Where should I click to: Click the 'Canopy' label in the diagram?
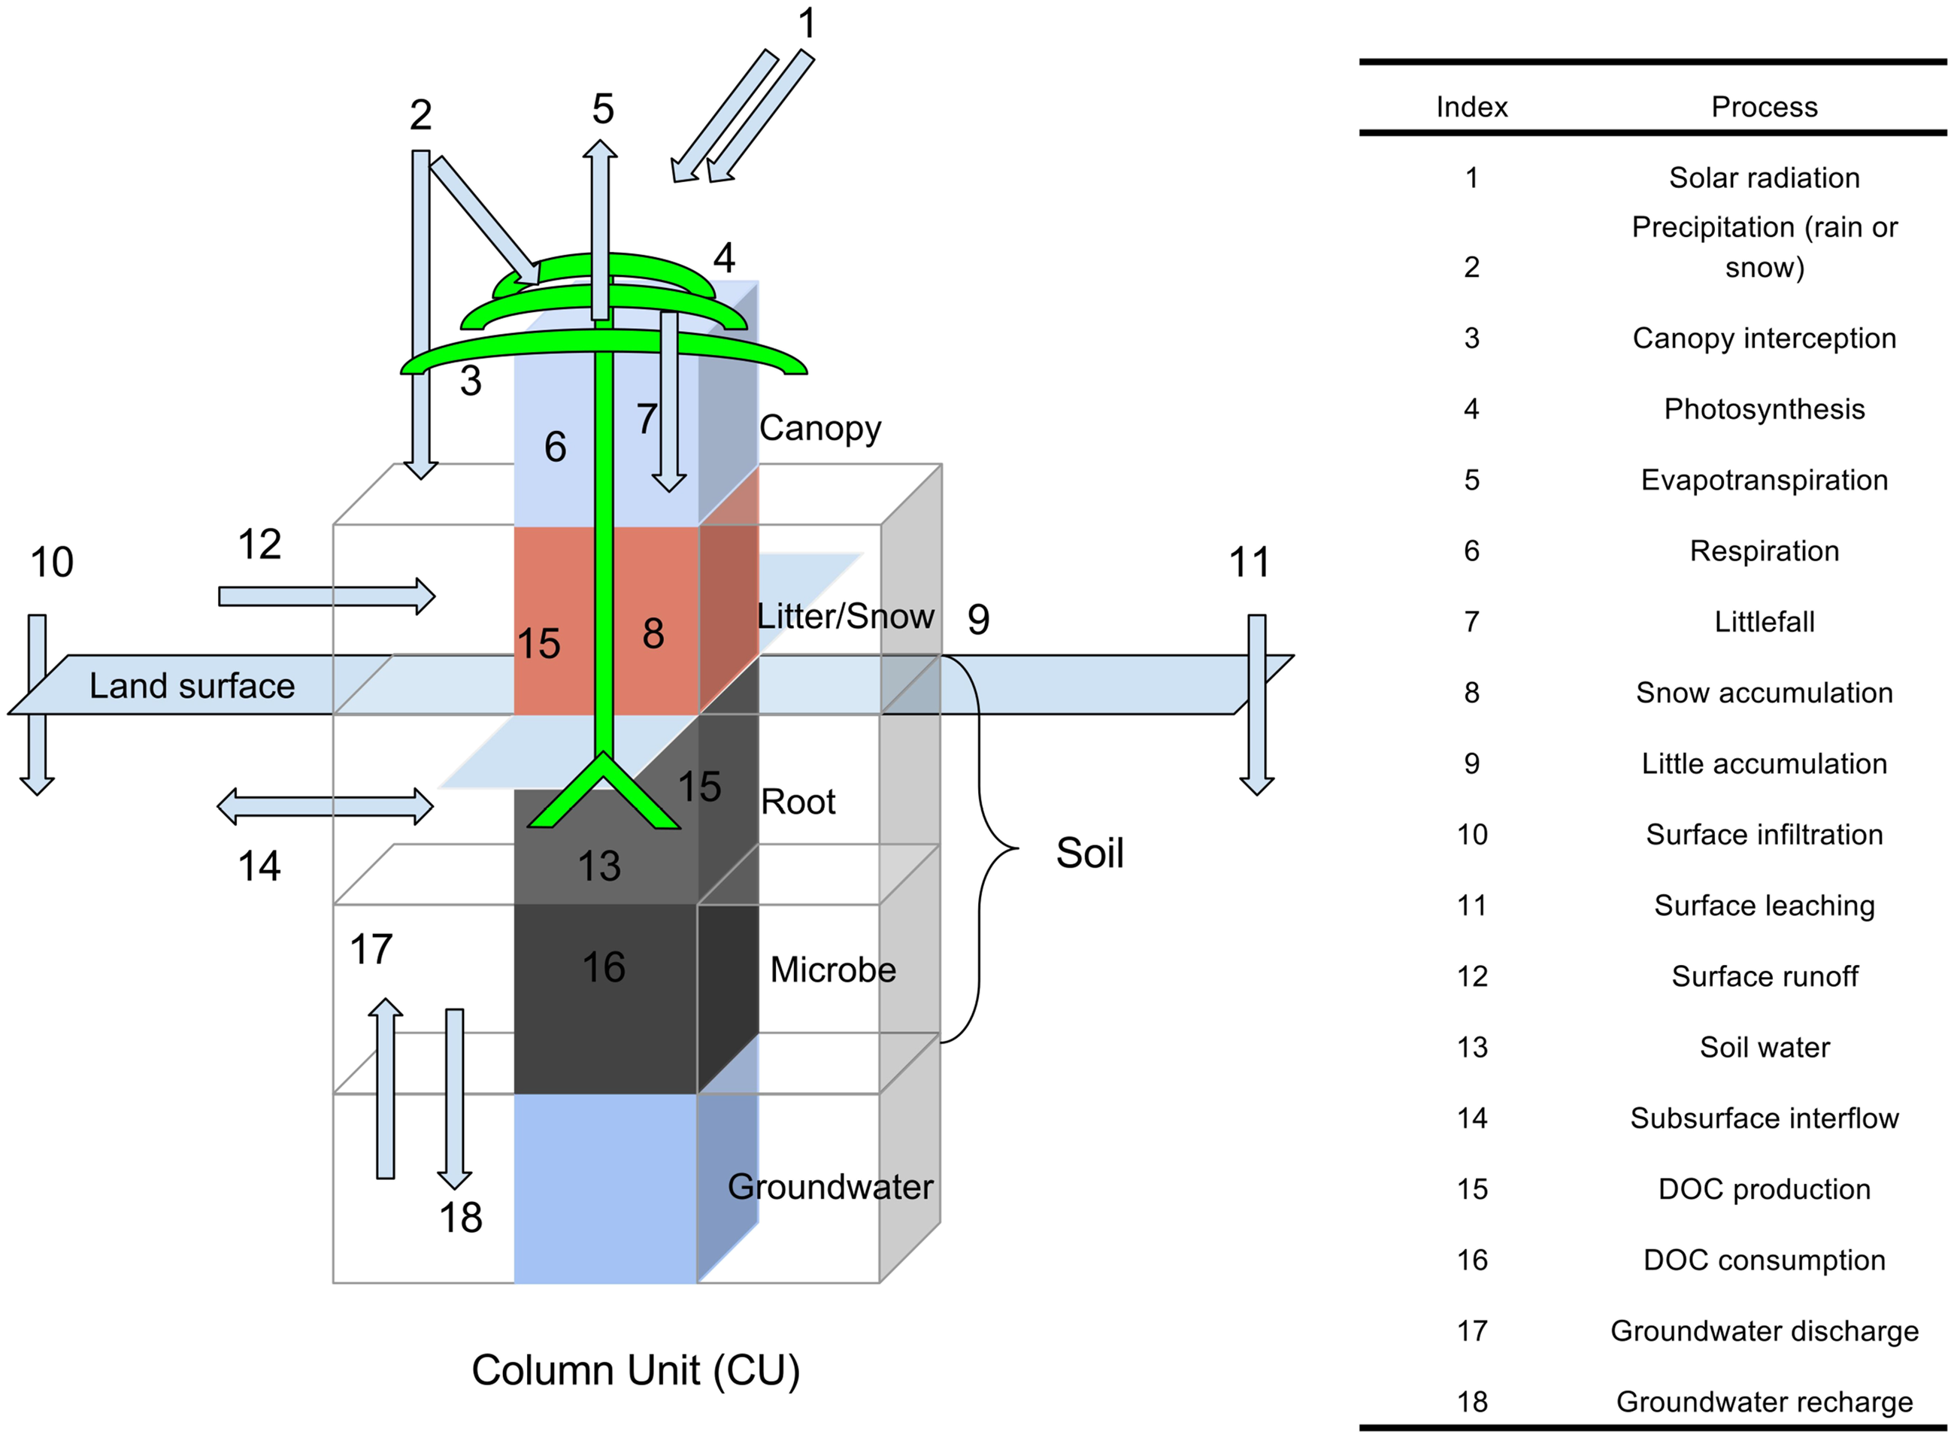(819, 428)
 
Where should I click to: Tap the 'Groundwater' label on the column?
(830, 1187)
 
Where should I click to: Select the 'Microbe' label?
(832, 969)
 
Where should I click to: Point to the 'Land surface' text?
(192, 686)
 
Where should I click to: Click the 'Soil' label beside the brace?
(1090, 853)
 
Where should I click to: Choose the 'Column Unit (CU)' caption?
(635, 1371)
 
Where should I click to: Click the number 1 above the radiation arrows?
(807, 23)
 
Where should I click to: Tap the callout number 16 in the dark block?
(604, 967)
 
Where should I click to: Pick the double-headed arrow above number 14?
(326, 806)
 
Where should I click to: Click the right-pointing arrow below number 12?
(327, 596)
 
